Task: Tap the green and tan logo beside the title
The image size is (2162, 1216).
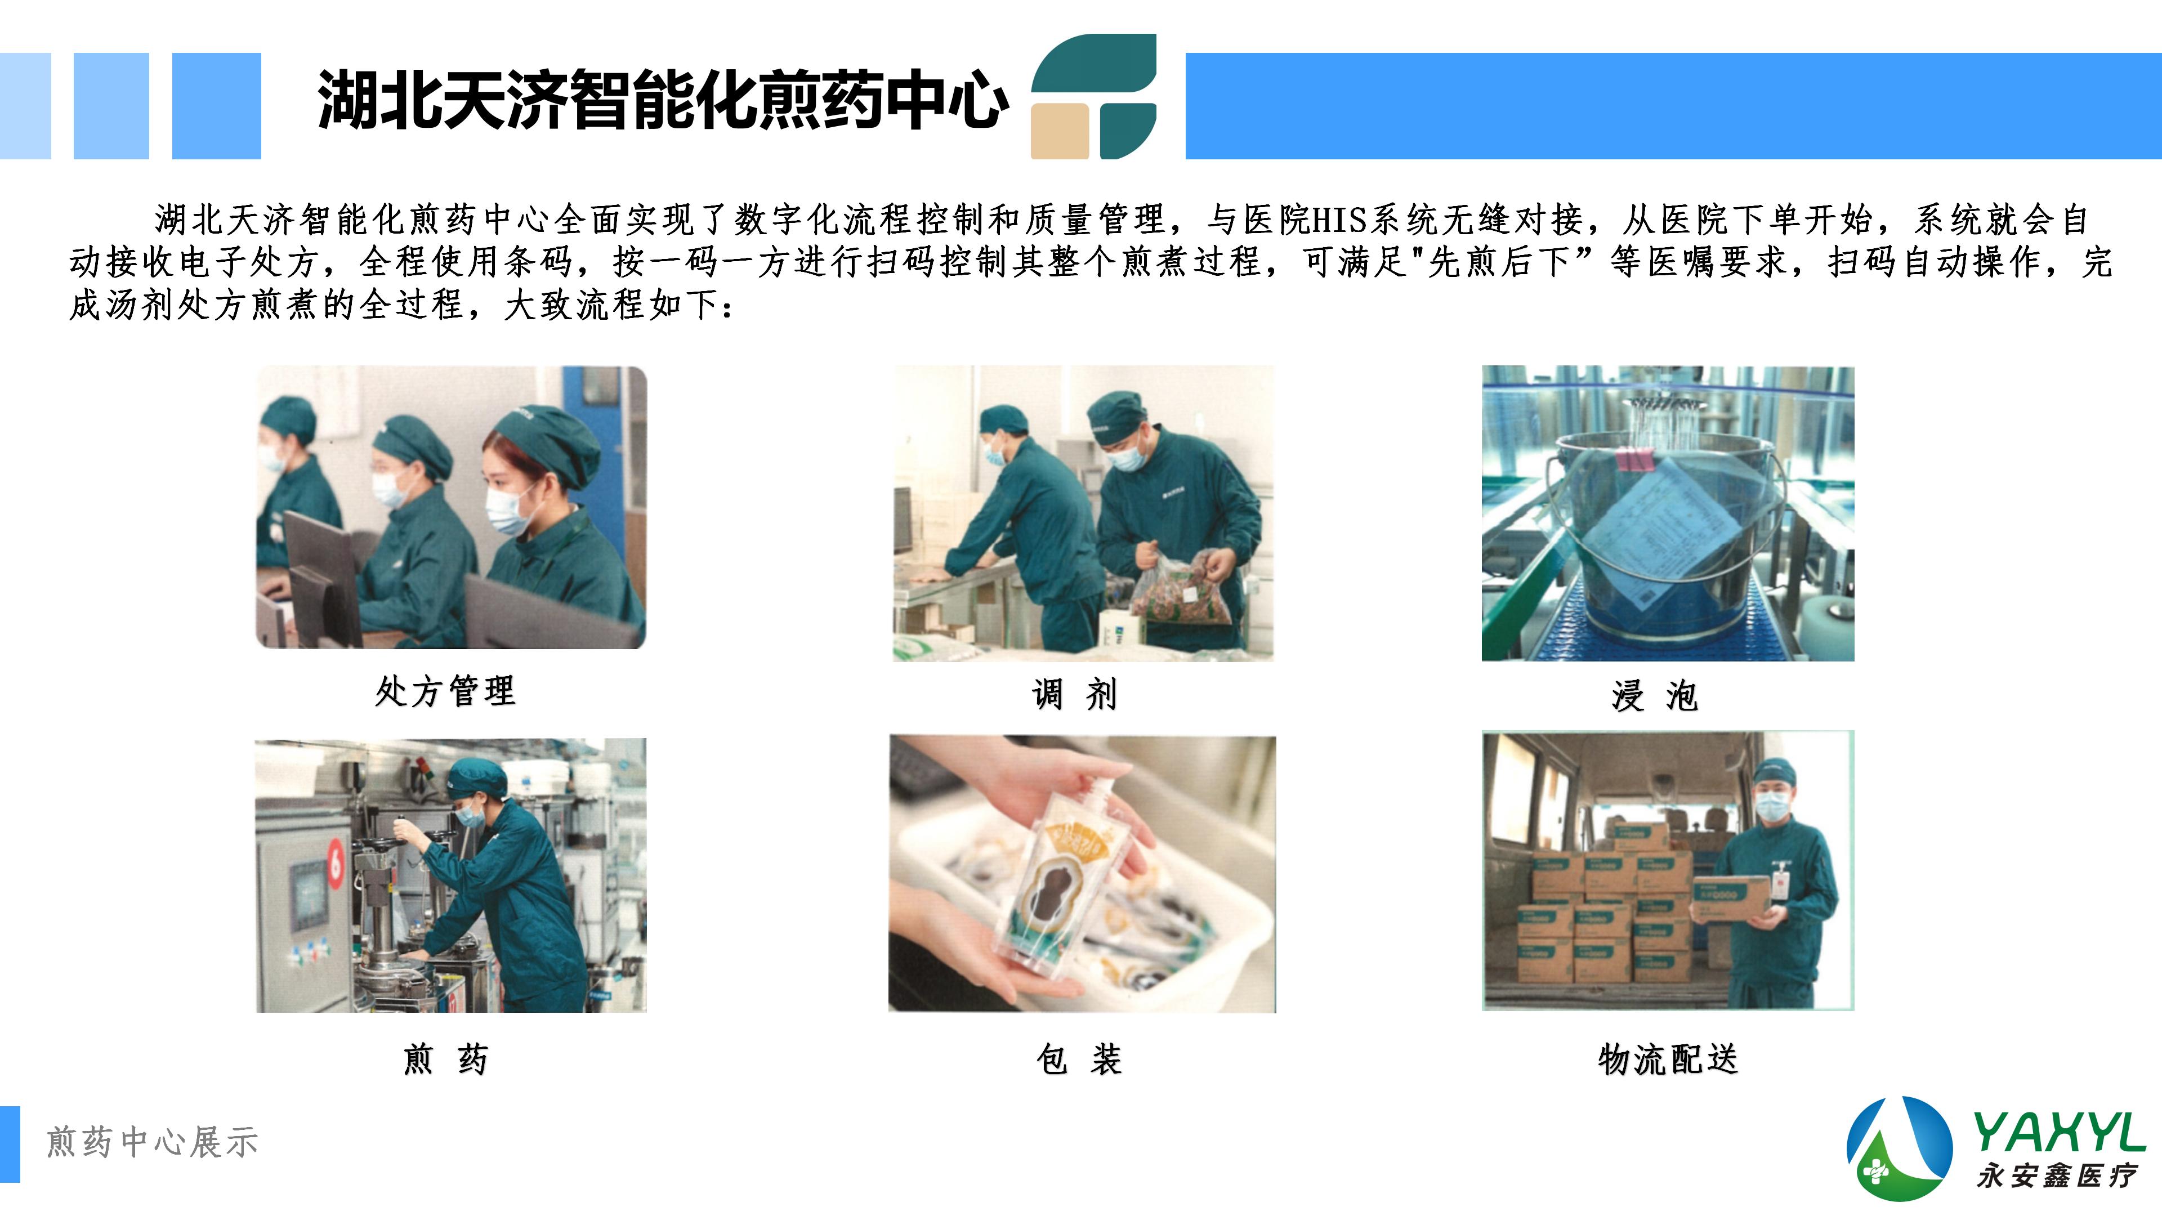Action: click(1093, 96)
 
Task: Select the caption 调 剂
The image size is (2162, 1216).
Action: click(1075, 695)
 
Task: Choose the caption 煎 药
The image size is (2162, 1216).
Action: click(446, 1059)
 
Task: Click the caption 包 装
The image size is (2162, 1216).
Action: click(1079, 1059)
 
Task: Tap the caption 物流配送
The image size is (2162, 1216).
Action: click(1668, 1059)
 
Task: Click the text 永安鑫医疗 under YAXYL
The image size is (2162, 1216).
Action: click(2056, 1175)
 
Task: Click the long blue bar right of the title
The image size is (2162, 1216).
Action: click(1673, 106)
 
